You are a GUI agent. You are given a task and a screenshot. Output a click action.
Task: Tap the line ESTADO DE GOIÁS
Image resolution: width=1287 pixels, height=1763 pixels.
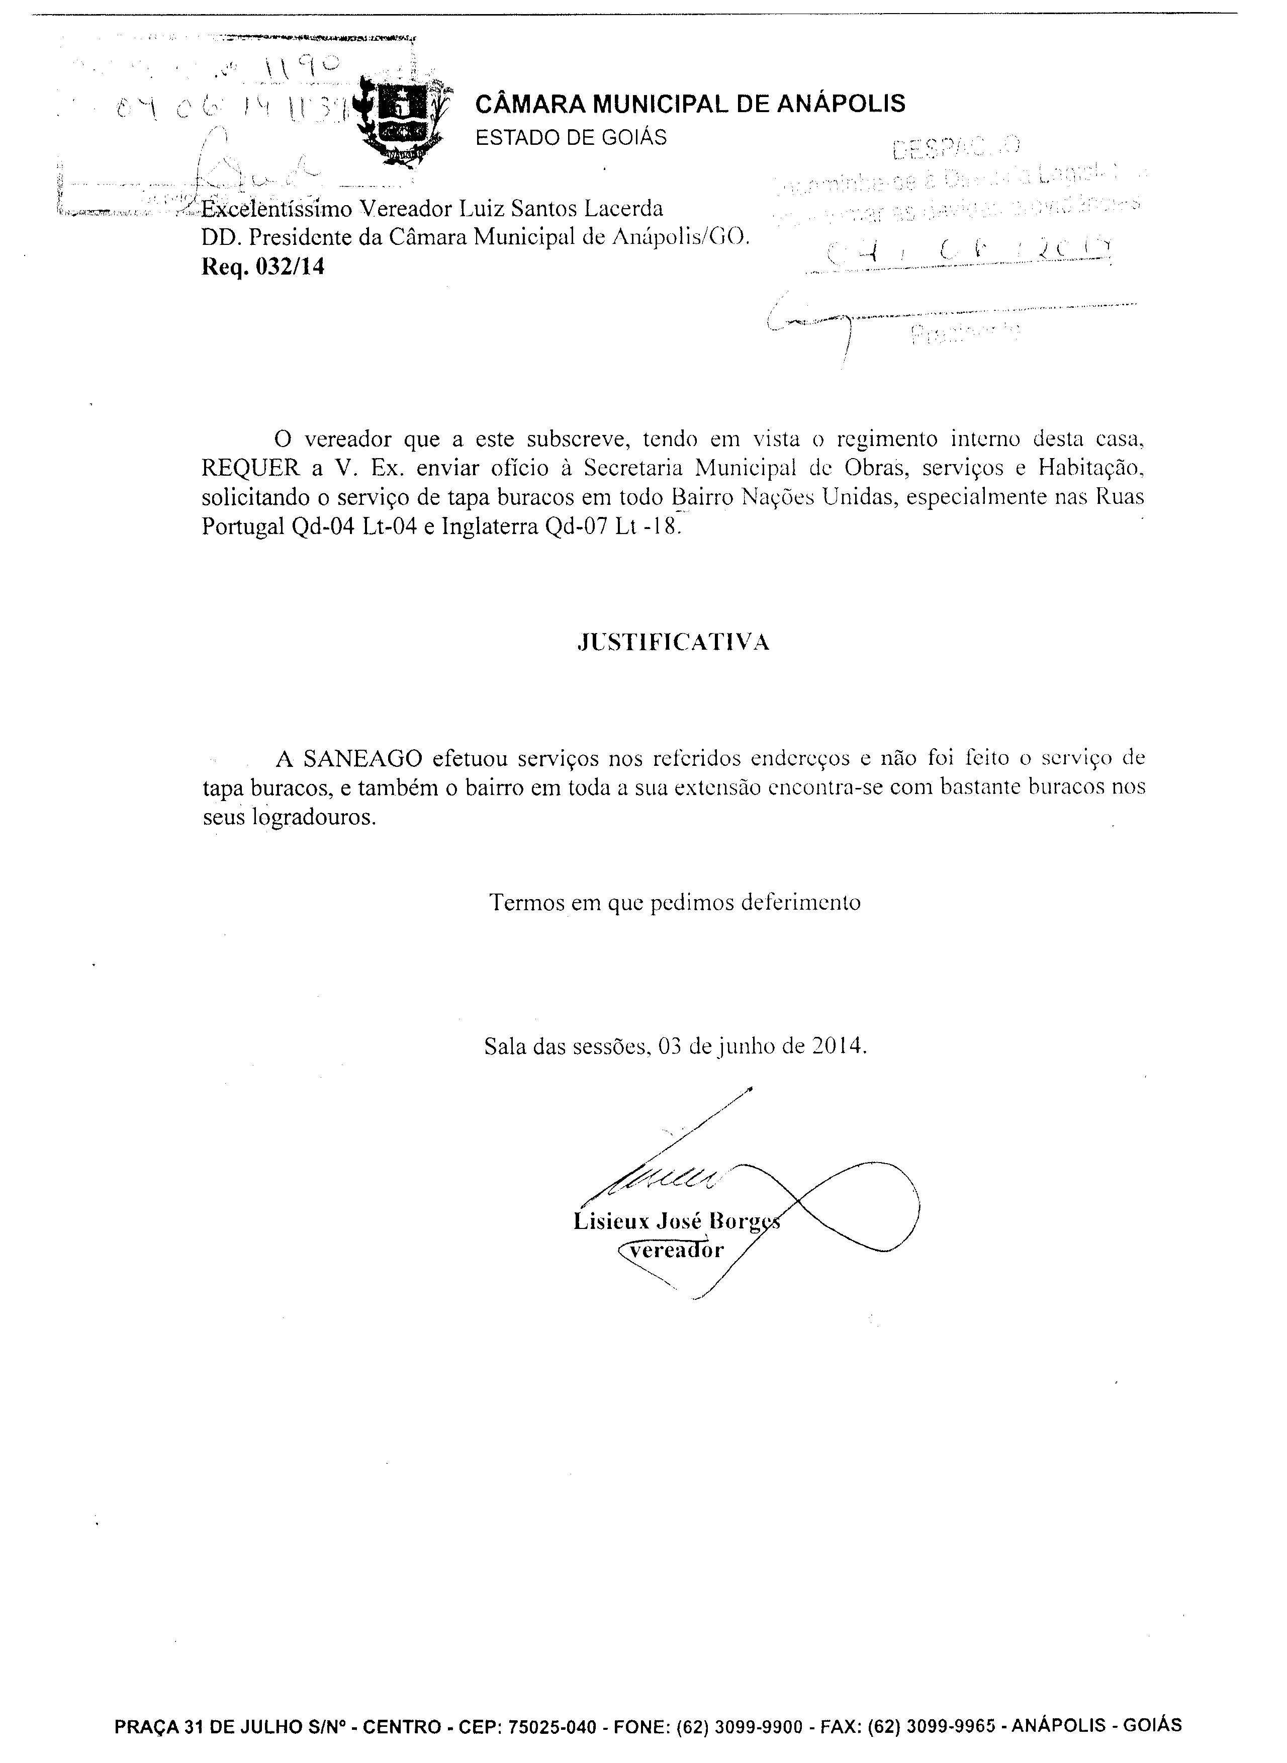coord(571,138)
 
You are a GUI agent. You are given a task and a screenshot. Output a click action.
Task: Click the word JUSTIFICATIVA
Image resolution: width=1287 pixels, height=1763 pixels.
coord(674,642)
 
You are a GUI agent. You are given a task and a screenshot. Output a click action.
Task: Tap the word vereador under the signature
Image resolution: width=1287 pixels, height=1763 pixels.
coord(676,1251)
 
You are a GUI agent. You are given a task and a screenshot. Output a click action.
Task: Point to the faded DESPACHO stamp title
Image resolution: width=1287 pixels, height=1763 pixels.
coord(957,146)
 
